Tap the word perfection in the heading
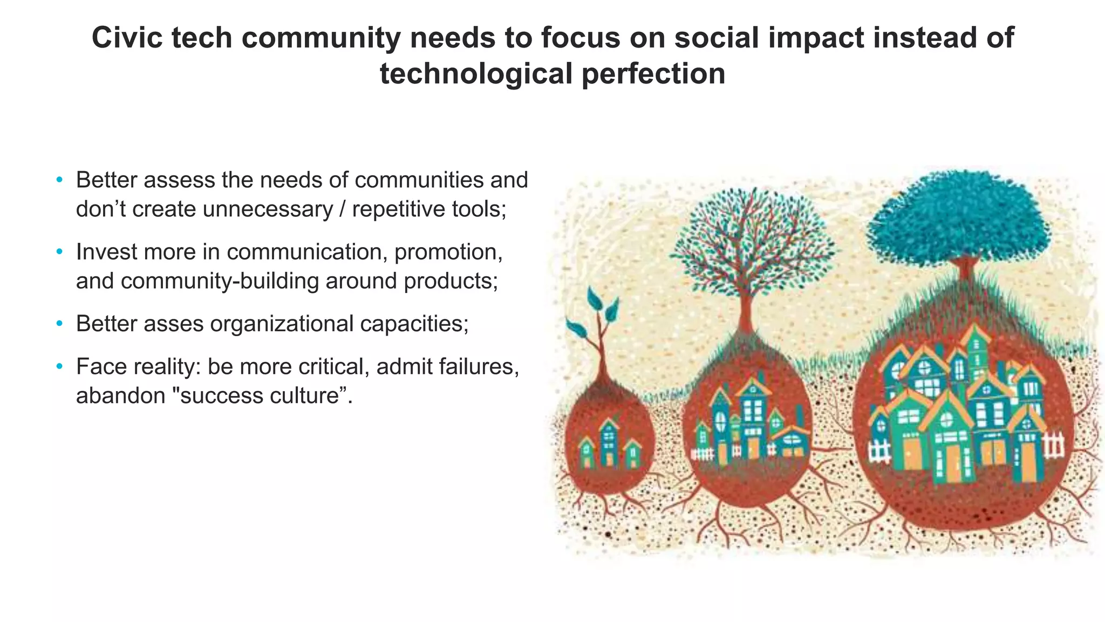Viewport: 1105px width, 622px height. (653, 74)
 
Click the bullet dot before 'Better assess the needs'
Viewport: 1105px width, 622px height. (59, 180)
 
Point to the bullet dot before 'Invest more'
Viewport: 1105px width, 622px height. (59, 252)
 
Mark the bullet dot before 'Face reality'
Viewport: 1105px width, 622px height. (59, 367)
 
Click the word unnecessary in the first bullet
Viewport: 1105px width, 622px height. (268, 209)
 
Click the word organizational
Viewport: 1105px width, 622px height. (282, 324)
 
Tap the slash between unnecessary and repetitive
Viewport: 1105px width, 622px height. (342, 209)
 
